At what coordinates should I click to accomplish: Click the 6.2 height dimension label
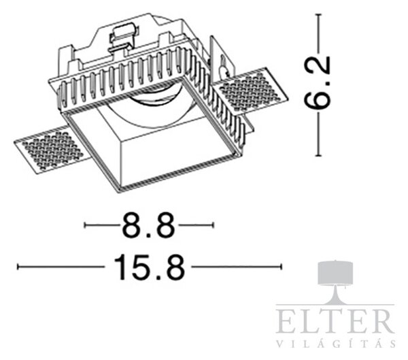[x=318, y=82]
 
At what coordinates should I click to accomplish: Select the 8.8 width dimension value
[x=148, y=225]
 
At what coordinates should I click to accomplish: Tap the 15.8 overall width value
[x=149, y=267]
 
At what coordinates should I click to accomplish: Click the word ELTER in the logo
[x=335, y=321]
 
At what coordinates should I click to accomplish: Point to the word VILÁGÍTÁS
[x=336, y=344]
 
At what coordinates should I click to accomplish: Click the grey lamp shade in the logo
[x=336, y=274]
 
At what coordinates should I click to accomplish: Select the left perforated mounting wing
[x=52, y=150]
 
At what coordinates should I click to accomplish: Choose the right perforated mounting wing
[x=250, y=91]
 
